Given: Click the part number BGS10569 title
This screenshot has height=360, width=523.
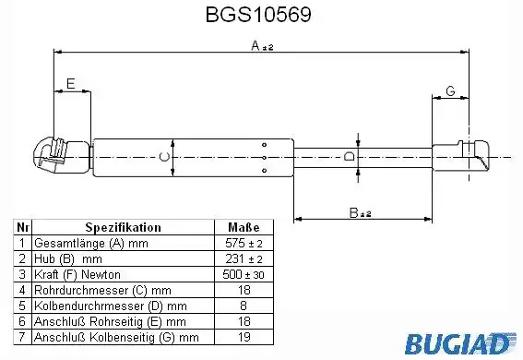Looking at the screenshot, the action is click(x=258, y=15).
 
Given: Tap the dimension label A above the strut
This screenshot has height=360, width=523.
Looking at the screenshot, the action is click(x=256, y=45).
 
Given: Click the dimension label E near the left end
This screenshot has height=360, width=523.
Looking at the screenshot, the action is click(x=71, y=83).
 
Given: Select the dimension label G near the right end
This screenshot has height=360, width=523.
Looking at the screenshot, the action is click(x=450, y=90).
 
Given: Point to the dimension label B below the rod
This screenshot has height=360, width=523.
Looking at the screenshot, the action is click(x=354, y=212).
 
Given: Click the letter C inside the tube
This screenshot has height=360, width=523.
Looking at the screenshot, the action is click(x=164, y=157).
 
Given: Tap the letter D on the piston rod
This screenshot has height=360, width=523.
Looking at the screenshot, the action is click(x=350, y=156).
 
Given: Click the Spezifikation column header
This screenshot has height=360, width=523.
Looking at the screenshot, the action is click(x=123, y=227).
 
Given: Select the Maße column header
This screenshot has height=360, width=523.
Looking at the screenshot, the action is click(x=244, y=227).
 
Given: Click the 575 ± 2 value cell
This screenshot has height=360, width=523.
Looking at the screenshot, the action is click(x=244, y=243).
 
